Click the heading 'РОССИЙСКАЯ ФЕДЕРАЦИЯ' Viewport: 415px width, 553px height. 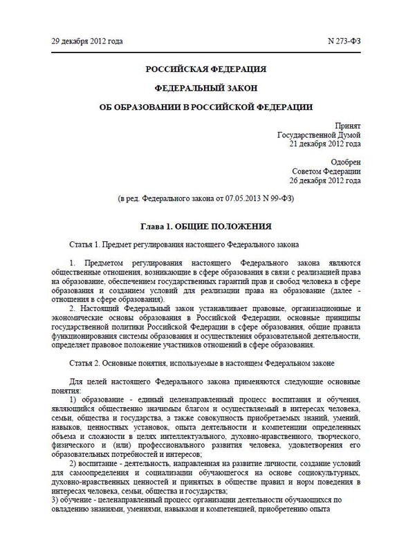(207, 70)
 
